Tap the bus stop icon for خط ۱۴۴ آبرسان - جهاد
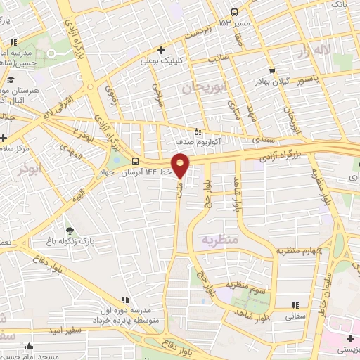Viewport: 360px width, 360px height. point(135,161)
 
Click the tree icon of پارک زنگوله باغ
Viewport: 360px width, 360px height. point(69,231)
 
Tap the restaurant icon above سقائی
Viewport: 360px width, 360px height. point(296,304)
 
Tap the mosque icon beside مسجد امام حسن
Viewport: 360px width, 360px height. point(29,346)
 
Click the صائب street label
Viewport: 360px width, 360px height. point(215,59)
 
